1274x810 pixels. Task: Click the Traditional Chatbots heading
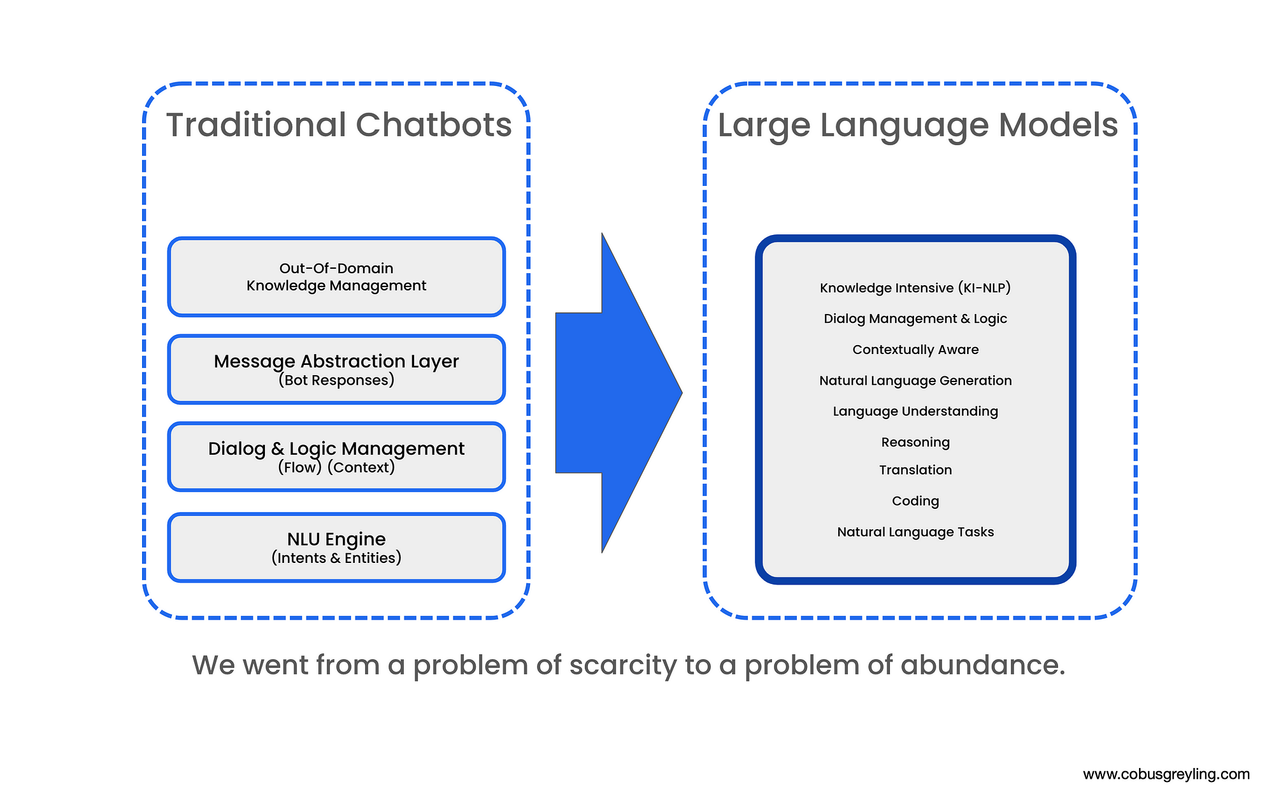click(339, 125)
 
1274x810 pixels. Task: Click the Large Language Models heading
click(917, 125)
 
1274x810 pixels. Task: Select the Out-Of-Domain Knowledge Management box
click(336, 277)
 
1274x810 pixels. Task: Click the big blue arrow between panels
click(612, 393)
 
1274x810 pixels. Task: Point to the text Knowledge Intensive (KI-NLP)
click(915, 288)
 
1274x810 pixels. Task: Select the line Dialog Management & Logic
click(915, 318)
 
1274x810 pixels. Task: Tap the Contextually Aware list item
click(915, 350)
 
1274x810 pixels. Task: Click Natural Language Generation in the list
click(915, 381)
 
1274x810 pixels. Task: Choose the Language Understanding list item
click(915, 411)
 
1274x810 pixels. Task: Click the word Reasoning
click(915, 442)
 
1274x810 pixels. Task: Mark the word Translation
click(915, 470)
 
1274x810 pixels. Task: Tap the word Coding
click(915, 501)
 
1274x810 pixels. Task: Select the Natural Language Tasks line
click(915, 532)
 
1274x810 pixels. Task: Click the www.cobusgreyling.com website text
click(1166, 774)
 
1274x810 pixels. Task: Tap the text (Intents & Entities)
click(336, 558)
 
